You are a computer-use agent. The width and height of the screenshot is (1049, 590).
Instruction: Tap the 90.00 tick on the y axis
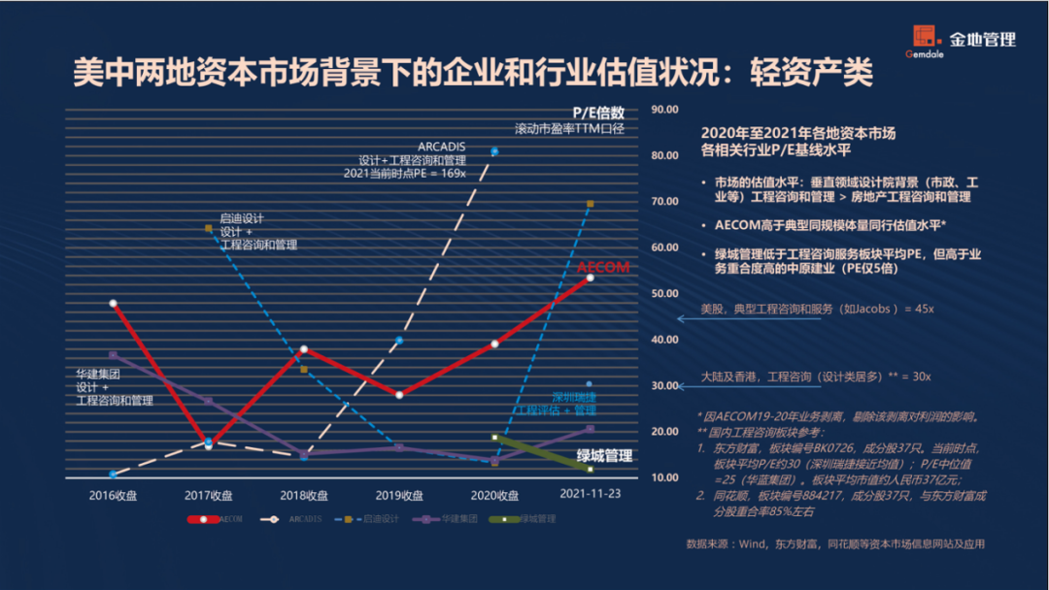click(x=664, y=110)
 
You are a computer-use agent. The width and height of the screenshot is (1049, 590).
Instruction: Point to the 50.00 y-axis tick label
click(x=664, y=294)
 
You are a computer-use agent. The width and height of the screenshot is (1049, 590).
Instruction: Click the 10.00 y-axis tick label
click(x=664, y=477)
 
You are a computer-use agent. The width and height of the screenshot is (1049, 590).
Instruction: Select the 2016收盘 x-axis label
click(x=112, y=495)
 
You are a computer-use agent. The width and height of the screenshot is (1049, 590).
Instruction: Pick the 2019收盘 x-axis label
click(x=399, y=495)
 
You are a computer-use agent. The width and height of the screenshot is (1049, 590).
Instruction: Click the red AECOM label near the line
click(x=603, y=267)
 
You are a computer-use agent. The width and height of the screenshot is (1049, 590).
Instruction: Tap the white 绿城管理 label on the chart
click(x=604, y=455)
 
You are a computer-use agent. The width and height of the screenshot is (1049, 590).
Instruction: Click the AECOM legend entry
click(x=215, y=519)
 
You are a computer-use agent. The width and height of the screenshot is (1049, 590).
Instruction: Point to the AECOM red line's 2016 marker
click(x=114, y=304)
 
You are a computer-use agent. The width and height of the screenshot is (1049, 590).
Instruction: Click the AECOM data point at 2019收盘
click(x=399, y=394)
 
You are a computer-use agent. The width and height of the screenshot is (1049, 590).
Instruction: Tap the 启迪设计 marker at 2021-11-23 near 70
click(x=590, y=204)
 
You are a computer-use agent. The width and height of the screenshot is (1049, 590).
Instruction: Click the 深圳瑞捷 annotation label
click(x=573, y=397)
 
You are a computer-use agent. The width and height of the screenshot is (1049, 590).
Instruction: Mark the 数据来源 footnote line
click(x=835, y=543)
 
